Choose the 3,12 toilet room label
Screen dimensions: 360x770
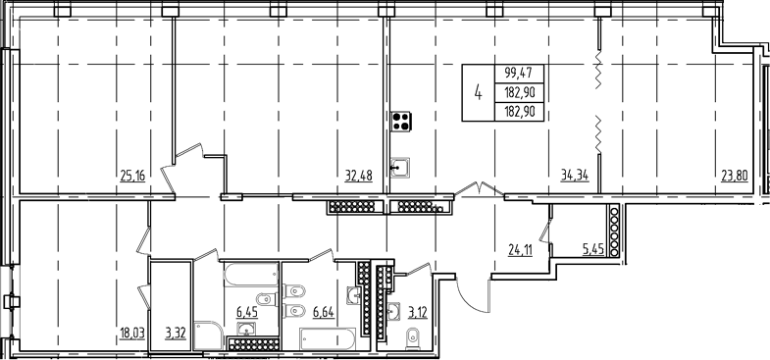[416, 314]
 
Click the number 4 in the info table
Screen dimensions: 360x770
[478, 93]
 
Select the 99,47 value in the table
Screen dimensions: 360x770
[520, 73]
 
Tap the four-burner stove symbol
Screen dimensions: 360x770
[401, 123]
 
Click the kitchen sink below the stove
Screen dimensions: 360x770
[401, 168]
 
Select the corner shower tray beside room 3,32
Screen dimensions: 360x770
[207, 334]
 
